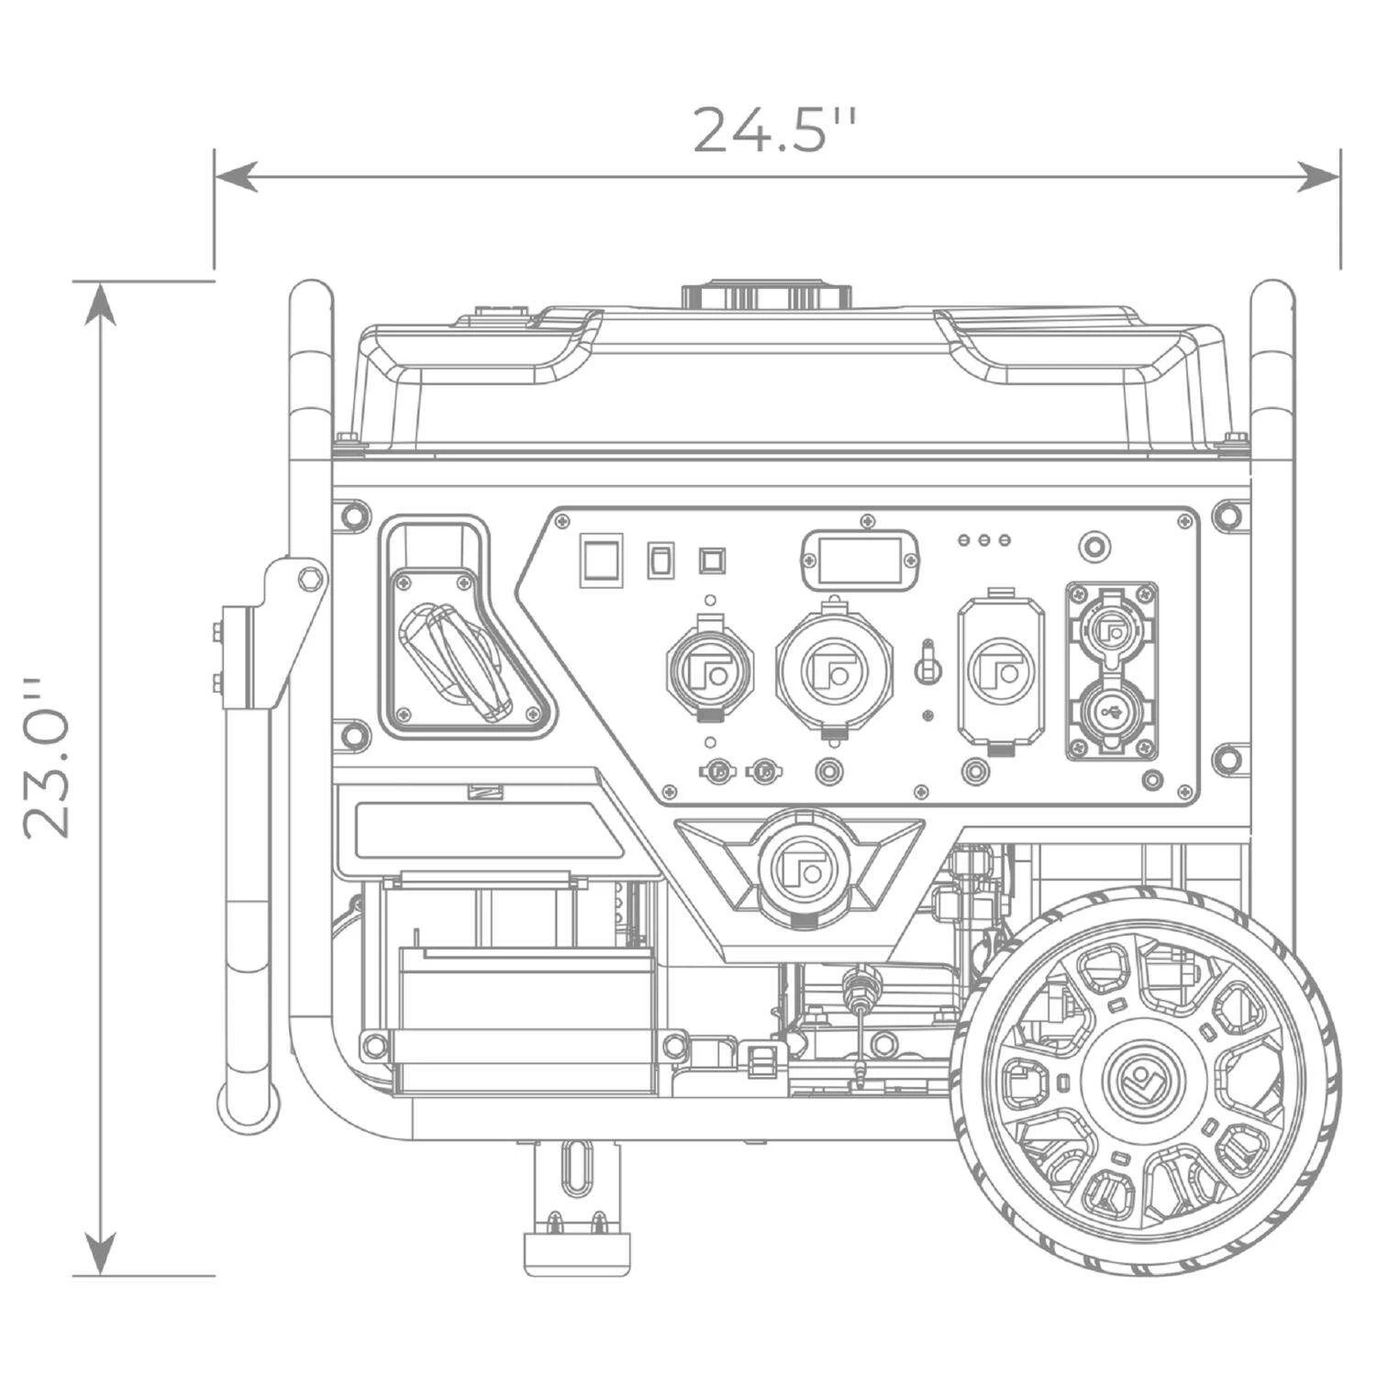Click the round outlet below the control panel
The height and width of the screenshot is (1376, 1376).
(x=795, y=860)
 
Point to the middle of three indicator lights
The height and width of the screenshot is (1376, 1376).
(x=984, y=540)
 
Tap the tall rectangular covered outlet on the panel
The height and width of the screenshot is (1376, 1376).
(x=999, y=671)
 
